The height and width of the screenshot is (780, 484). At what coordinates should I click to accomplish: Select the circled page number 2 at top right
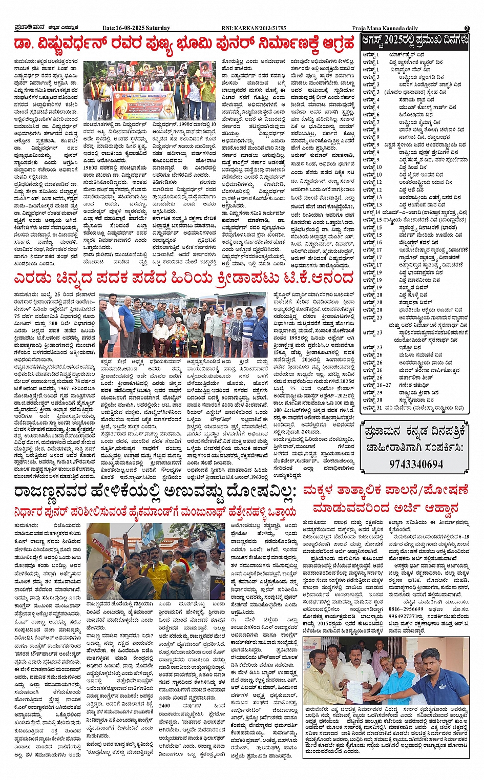coord(467,28)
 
